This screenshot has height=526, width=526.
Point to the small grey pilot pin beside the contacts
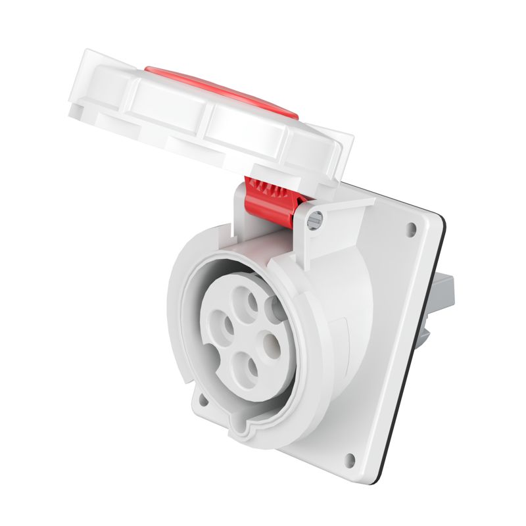271,306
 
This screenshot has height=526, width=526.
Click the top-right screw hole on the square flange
412,229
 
